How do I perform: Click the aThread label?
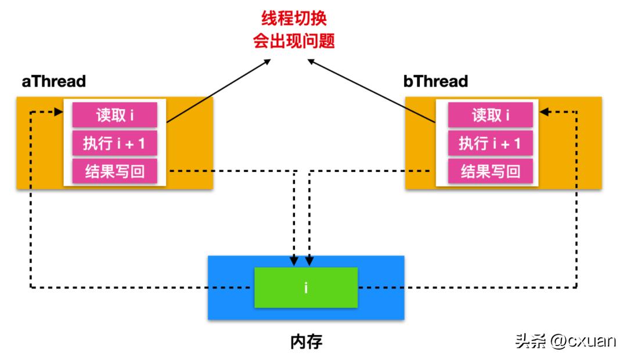pyautogui.click(x=53, y=81)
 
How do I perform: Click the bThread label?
pyautogui.click(x=435, y=81)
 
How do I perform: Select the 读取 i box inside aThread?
pyautogui.click(x=115, y=115)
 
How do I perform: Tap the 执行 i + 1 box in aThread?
pyautogui.click(x=115, y=143)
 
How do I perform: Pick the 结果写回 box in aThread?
pyautogui.click(x=115, y=171)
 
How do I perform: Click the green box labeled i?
pyautogui.click(x=306, y=287)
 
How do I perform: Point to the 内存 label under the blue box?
pyautogui.click(x=306, y=341)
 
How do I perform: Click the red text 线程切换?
pyautogui.click(x=294, y=19)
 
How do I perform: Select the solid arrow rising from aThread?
pyautogui.click(x=218, y=90)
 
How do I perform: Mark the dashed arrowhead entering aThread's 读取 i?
pyautogui.click(x=59, y=111)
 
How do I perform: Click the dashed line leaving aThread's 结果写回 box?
pyautogui.click(x=232, y=171)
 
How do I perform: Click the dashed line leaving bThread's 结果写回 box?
pyautogui.click(x=372, y=171)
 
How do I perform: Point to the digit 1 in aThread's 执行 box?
pyautogui.click(x=141, y=143)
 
